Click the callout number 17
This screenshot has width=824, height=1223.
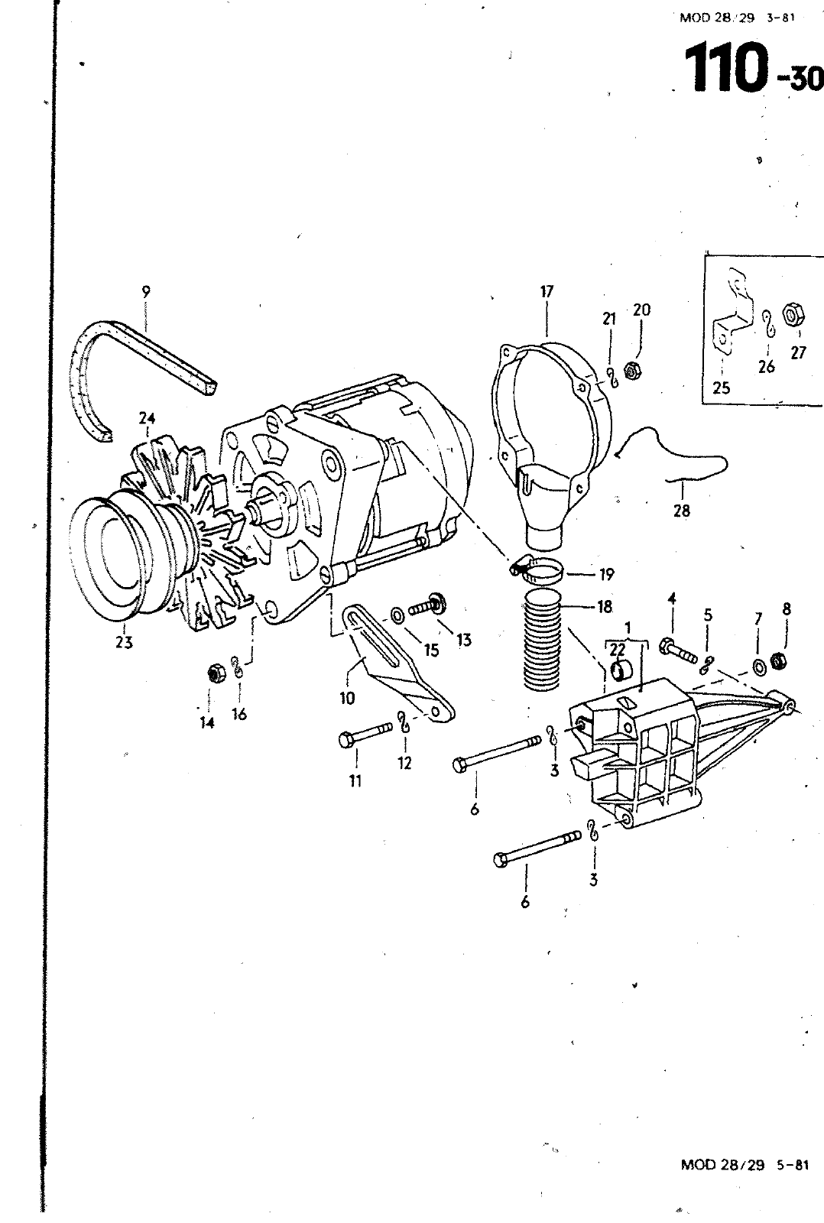pyautogui.click(x=547, y=291)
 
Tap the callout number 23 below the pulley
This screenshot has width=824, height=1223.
pyautogui.click(x=124, y=642)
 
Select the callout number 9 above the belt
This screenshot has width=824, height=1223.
pyautogui.click(x=146, y=292)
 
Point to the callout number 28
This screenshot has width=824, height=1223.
pyautogui.click(x=682, y=511)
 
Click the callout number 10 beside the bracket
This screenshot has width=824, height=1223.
pyautogui.click(x=347, y=698)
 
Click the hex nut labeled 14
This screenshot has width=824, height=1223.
pyautogui.click(x=216, y=673)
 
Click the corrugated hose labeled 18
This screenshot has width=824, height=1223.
pyautogui.click(x=542, y=637)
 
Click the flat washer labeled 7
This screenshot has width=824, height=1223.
pyautogui.click(x=758, y=666)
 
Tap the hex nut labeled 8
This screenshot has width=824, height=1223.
pyautogui.click(x=778, y=660)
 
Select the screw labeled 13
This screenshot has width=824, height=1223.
pyautogui.click(x=428, y=605)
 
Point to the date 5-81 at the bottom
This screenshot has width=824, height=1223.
pyautogui.click(x=793, y=1165)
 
